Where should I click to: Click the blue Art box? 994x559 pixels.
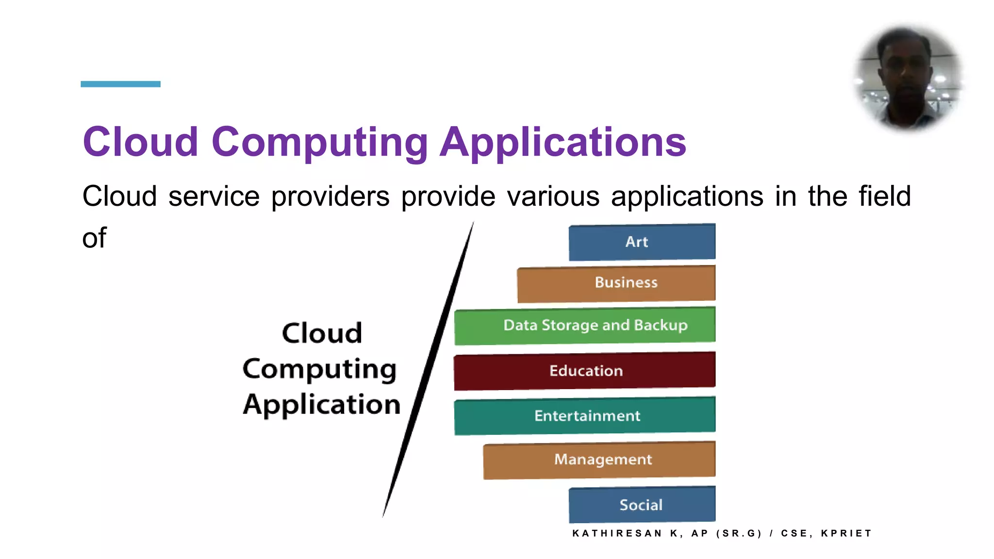pyautogui.click(x=642, y=242)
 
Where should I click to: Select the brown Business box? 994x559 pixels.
pyautogui.click(x=616, y=283)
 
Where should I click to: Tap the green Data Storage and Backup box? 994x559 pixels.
pyautogui.click(x=585, y=325)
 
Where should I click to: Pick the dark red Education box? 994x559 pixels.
pyautogui.click(x=585, y=371)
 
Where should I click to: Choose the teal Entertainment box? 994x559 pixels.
pyautogui.click(x=585, y=416)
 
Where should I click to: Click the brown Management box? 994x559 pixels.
pyautogui.click(x=599, y=460)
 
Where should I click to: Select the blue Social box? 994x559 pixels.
pyautogui.click(x=642, y=505)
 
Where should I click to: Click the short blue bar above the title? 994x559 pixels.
pyautogui.click(x=120, y=84)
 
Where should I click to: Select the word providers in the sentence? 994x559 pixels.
pyautogui.click(x=330, y=197)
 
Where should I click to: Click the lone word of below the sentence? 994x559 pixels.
pyautogui.click(x=94, y=238)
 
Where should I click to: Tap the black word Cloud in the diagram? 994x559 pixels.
pyautogui.click(x=322, y=333)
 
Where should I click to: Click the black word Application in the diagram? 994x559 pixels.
pyautogui.click(x=322, y=404)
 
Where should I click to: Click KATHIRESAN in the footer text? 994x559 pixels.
pyautogui.click(x=617, y=533)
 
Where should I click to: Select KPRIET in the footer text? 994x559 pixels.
pyautogui.click(x=846, y=533)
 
